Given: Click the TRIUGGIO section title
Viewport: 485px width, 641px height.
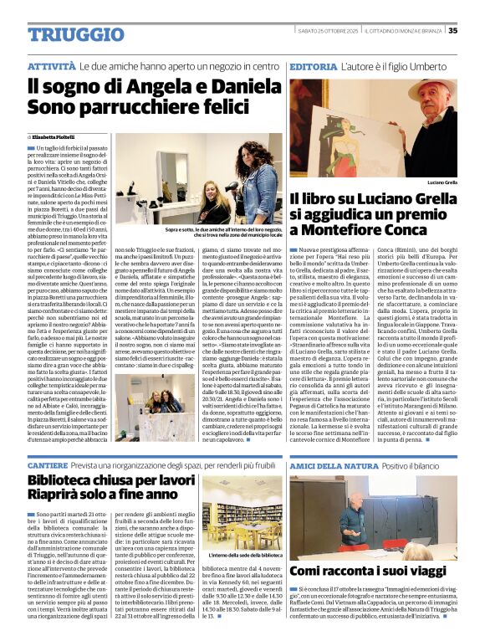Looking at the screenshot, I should click(x=64, y=33).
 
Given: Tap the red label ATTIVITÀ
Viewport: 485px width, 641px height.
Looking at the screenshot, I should click(x=51, y=65).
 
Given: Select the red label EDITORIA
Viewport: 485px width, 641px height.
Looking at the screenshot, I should click(x=313, y=65).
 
